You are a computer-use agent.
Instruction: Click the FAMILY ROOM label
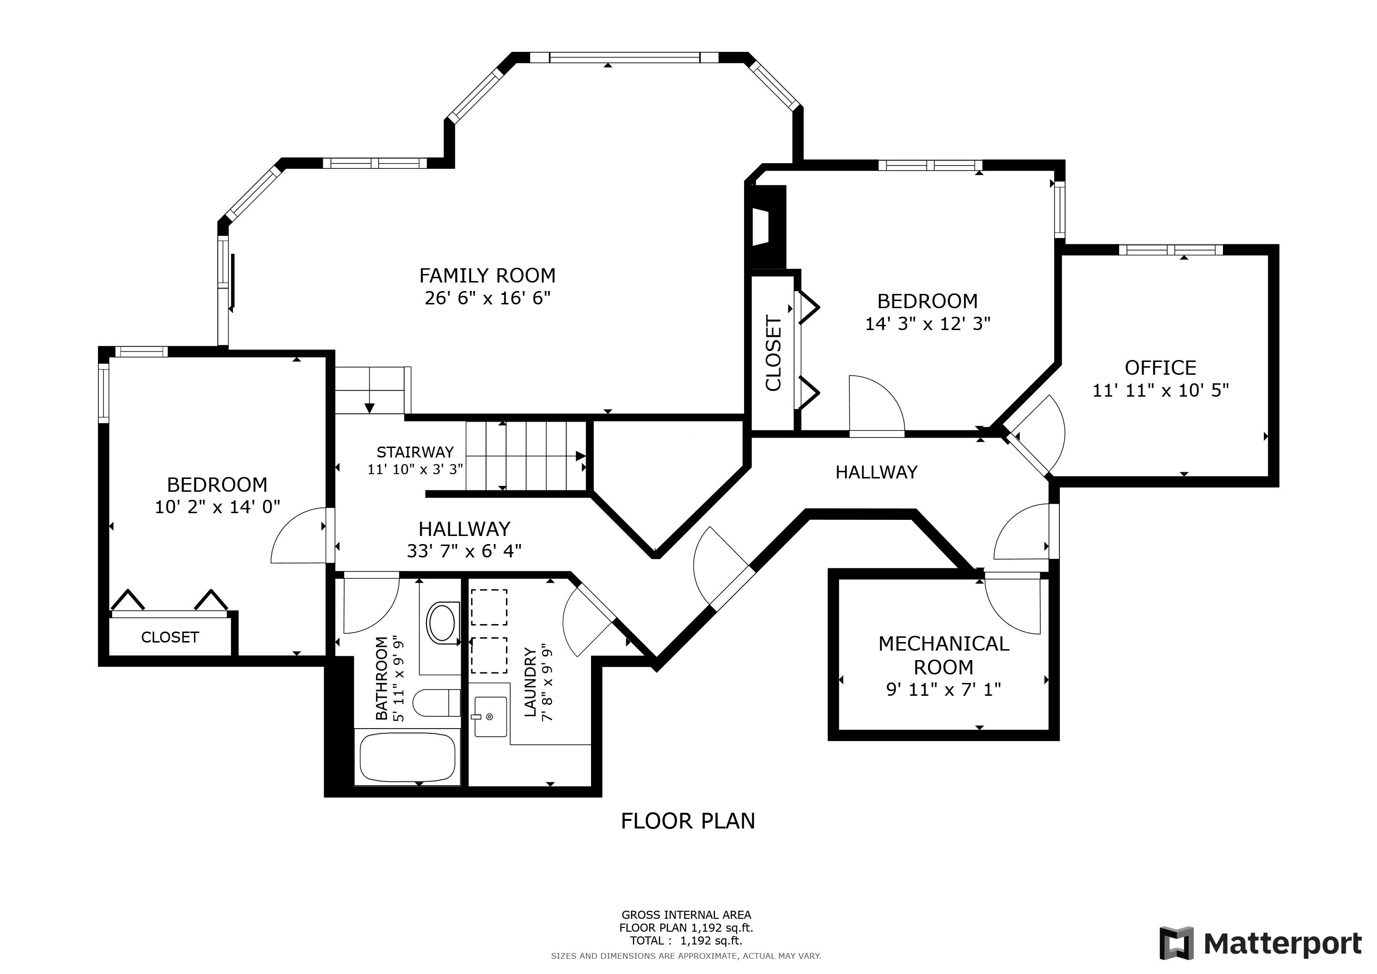[487, 275]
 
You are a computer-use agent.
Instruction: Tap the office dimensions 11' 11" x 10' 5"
[1161, 390]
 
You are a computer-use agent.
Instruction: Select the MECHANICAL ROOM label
[943, 655]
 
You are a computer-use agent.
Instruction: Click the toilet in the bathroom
[436, 703]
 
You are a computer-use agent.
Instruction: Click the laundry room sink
[490, 716]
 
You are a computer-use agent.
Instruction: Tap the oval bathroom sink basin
[442, 623]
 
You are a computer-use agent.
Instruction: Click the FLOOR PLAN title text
[688, 821]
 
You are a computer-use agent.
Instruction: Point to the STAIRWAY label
[415, 452]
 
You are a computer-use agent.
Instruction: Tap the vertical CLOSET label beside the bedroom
[774, 353]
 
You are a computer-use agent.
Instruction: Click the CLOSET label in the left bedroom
[170, 637]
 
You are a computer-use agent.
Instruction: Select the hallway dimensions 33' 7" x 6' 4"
[464, 551]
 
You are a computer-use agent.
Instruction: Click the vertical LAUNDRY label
[530, 682]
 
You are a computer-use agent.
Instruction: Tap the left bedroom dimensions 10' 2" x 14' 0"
[217, 507]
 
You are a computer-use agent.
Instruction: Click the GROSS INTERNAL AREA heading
[686, 915]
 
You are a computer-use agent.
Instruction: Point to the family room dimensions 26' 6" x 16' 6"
[487, 298]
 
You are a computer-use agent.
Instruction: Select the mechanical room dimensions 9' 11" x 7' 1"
[943, 690]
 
